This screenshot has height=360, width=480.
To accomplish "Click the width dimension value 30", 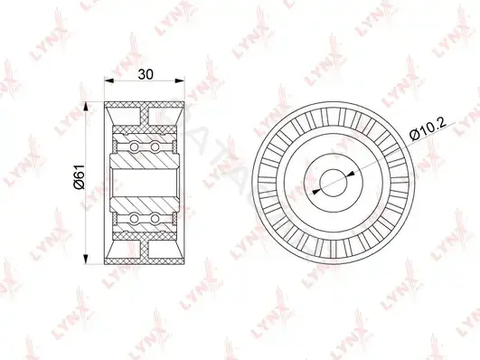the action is (146, 74).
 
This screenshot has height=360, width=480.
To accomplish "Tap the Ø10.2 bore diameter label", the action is (428, 130).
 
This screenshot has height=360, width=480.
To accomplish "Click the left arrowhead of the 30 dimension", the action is (109, 81).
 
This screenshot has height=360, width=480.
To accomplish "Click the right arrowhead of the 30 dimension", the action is (180, 81).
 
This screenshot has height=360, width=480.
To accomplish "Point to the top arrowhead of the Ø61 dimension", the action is (86, 107).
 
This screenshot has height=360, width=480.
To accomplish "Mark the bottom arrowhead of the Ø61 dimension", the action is (86, 260).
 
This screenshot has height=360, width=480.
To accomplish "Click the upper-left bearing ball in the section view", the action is (134, 147).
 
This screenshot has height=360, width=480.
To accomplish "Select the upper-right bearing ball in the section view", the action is (155, 147).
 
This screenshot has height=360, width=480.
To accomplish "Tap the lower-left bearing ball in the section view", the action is (134, 219).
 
